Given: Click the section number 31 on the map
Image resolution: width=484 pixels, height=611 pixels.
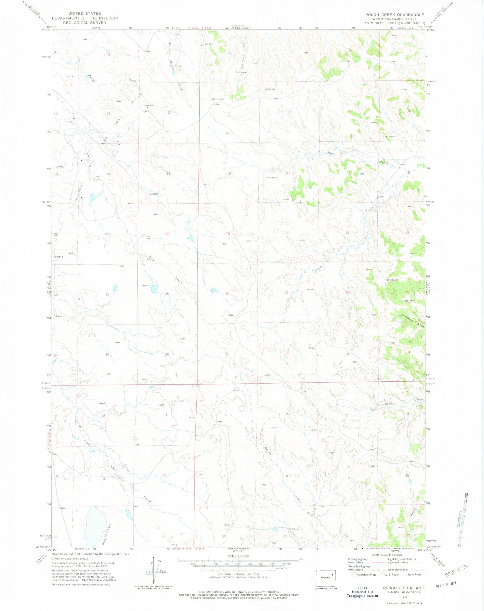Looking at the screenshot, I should tap(227, 354).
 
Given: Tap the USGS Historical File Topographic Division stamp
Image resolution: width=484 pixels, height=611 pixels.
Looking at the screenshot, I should tap(362, 592).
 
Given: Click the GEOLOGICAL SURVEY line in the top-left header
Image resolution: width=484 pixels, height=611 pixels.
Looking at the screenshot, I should tap(84, 23).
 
